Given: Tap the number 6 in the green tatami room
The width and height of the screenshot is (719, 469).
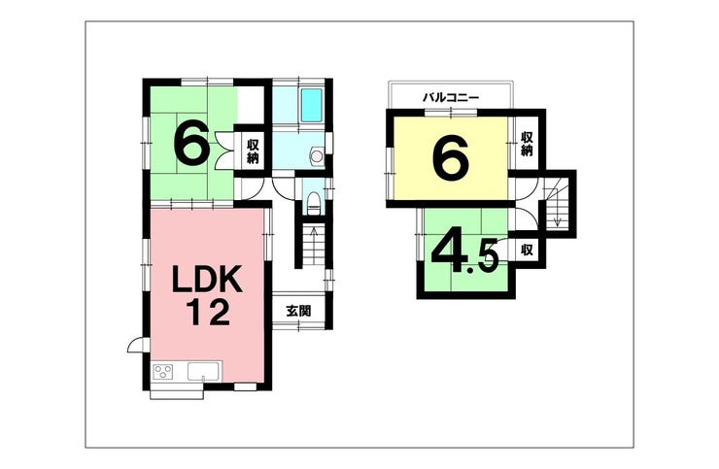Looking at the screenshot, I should (191, 145).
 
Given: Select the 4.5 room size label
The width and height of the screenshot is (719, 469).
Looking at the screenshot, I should (464, 252).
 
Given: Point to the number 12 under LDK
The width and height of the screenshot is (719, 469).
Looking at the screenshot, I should (206, 313).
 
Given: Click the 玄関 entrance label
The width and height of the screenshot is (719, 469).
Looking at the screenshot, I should (298, 312).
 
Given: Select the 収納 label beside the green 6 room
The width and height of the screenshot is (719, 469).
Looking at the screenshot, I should (253, 151).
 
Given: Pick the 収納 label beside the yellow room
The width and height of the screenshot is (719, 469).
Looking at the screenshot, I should (527, 144).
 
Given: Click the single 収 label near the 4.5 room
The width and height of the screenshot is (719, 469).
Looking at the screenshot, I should (526, 250).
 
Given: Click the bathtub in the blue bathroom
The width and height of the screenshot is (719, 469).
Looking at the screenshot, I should (311, 104).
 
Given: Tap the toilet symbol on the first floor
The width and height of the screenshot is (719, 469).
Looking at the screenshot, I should (313, 203).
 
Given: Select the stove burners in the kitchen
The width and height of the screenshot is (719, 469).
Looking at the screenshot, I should (162, 371).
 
